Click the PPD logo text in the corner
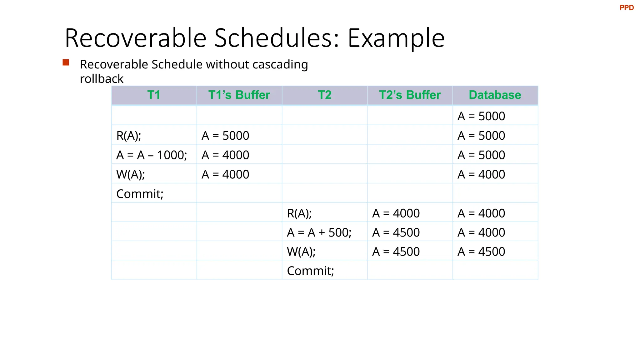[x=626, y=8]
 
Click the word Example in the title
[x=396, y=38]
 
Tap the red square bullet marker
[x=66, y=62]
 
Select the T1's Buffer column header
[x=239, y=95]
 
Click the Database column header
[x=495, y=95]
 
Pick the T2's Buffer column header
[x=410, y=95]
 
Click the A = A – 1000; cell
[x=152, y=155]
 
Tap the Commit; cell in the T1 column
[x=140, y=194]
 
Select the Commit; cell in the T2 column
[x=310, y=271]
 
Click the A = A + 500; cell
[x=319, y=232]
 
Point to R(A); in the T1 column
[x=129, y=136]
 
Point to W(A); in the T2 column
[x=301, y=252]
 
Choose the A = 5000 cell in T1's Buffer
[x=225, y=136]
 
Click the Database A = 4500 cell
[x=481, y=252]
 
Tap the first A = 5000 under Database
[x=481, y=116]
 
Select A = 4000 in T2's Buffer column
[x=396, y=213]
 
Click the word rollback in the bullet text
[x=102, y=79]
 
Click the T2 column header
[x=324, y=95]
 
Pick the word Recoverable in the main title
[x=136, y=38]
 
